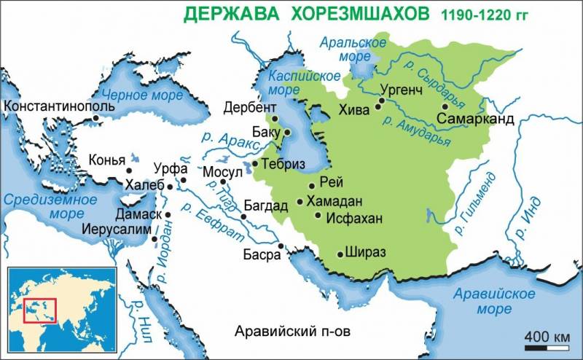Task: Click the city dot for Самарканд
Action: tap(445, 106)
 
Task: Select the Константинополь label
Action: tap(60, 106)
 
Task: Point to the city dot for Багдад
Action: tap(243, 216)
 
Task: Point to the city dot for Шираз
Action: tap(340, 254)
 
